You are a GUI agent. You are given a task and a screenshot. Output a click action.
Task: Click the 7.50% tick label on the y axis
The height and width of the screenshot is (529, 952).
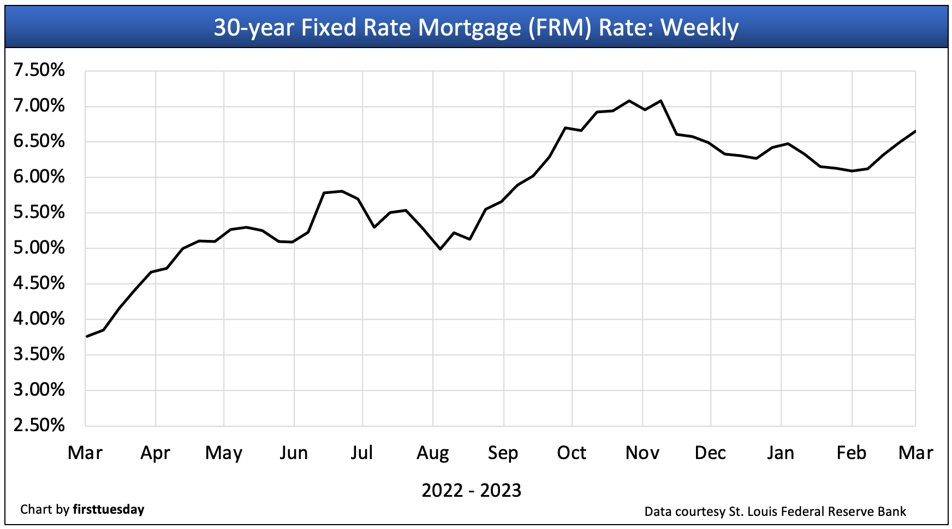pyautogui.click(x=39, y=70)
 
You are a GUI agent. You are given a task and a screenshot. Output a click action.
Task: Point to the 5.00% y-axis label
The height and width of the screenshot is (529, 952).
pyautogui.click(x=39, y=248)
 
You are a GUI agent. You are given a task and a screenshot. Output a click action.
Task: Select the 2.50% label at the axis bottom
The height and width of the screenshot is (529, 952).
pyautogui.click(x=39, y=426)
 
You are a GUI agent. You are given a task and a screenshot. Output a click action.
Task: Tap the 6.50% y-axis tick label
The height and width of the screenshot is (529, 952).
pyautogui.click(x=39, y=142)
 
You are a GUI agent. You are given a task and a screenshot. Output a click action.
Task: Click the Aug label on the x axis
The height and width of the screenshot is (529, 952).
pyautogui.click(x=433, y=453)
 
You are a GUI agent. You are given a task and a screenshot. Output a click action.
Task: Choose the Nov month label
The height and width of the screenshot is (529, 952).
pyautogui.click(x=642, y=453)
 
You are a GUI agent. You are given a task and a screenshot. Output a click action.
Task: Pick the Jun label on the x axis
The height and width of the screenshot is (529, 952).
pyautogui.click(x=294, y=453)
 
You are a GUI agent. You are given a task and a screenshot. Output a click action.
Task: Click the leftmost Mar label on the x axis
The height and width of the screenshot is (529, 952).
pyautogui.click(x=85, y=453)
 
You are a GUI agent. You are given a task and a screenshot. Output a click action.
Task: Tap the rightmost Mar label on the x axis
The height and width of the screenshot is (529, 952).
pyautogui.click(x=915, y=453)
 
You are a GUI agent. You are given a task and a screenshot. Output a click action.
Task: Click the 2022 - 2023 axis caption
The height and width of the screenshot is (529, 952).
pyautogui.click(x=472, y=490)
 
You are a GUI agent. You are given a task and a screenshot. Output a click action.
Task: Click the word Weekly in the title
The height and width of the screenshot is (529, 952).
pyautogui.click(x=699, y=28)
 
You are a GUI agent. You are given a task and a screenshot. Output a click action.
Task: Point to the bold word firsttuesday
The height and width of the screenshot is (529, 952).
pyautogui.click(x=109, y=510)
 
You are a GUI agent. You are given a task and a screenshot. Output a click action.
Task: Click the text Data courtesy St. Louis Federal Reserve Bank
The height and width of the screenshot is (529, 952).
pyautogui.click(x=775, y=512)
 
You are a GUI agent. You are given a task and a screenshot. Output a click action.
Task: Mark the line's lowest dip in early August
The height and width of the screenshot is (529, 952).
pyautogui.click(x=441, y=249)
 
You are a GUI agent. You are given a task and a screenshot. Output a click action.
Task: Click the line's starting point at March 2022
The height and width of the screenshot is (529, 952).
pyautogui.click(x=86, y=337)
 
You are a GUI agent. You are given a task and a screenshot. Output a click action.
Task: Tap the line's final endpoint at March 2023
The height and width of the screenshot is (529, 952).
pyautogui.click(x=915, y=131)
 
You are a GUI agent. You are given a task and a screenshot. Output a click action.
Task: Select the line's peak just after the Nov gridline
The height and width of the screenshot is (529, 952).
pyautogui.click(x=661, y=101)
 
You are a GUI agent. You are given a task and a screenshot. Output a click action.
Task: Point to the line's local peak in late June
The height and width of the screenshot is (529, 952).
pyautogui.click(x=342, y=191)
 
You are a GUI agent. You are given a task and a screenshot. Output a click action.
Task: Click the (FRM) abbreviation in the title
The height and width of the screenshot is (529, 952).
pyautogui.click(x=560, y=28)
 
